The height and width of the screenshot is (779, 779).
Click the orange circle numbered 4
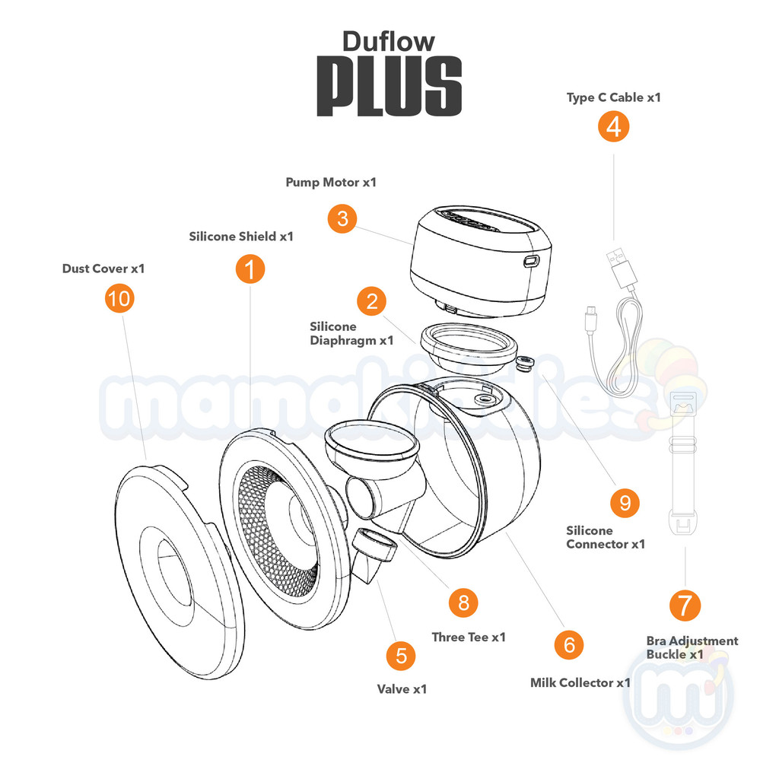coord(613,126)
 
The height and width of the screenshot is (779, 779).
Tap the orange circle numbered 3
coord(342,219)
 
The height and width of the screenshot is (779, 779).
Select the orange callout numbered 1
coord(250,269)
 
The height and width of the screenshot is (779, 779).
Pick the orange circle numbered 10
coord(119,298)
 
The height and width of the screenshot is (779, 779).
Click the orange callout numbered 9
coord(625,501)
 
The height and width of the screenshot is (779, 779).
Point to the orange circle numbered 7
coord(685,605)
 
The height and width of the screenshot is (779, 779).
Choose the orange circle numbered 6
coord(568,644)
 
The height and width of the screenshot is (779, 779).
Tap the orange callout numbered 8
coord(463,603)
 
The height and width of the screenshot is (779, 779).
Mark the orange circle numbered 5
coord(400,655)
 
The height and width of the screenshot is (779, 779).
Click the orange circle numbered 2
coord(371,300)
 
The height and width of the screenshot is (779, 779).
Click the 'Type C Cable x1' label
coord(613,97)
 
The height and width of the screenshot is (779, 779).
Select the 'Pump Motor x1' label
coord(331,183)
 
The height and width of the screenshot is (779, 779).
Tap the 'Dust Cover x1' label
coord(103,269)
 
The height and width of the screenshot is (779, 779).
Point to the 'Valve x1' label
coord(402,689)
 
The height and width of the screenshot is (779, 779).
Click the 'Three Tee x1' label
coord(469,637)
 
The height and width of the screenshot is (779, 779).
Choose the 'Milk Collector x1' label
coord(580,682)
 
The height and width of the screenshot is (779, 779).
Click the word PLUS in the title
coord(389,85)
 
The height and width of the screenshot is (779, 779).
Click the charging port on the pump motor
coord(529,261)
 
